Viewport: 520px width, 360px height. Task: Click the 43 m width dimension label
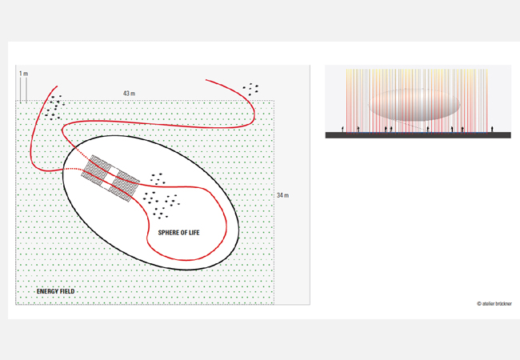(129, 94)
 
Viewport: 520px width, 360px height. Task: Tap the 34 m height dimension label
(282, 195)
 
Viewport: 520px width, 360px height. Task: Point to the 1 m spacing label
(23, 74)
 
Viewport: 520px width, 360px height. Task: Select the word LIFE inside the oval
(194, 233)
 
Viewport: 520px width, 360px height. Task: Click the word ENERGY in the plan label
(46, 291)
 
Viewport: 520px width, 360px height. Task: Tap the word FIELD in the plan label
(66, 291)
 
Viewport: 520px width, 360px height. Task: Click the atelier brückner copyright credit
(494, 304)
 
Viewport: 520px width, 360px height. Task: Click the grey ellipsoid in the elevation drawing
(414, 105)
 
